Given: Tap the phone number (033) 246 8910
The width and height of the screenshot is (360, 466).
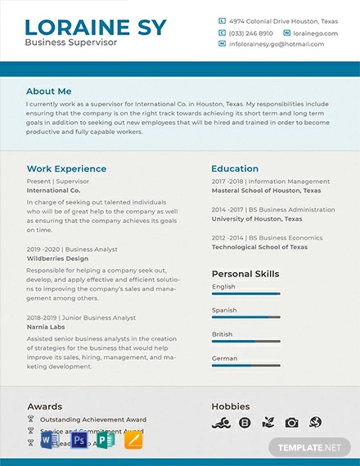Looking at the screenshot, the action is [x=250, y=34].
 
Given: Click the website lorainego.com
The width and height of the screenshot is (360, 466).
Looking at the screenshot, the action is [x=315, y=34].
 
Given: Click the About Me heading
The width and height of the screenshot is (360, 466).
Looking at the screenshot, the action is [x=48, y=92].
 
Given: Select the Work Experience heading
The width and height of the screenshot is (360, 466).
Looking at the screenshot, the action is [x=66, y=169].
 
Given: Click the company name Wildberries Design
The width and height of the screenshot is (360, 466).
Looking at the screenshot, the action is [x=57, y=258].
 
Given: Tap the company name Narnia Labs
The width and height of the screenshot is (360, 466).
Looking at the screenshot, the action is [x=45, y=327].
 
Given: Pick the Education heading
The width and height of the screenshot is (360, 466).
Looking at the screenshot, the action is [x=235, y=169].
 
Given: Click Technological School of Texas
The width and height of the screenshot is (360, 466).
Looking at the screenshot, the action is [x=259, y=247].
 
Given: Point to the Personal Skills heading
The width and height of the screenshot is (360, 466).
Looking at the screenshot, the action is [x=245, y=274].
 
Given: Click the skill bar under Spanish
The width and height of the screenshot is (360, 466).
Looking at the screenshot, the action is [x=245, y=317].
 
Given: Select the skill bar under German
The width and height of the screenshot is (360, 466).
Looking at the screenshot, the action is [x=245, y=365].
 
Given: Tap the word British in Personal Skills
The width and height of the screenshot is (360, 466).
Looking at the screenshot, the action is [x=223, y=334].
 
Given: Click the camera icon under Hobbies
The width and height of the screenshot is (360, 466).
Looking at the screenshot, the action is [x=291, y=423].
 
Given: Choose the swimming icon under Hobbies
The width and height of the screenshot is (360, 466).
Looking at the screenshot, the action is [x=219, y=423].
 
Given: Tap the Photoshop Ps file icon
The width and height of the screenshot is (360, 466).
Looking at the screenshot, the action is [x=79, y=441].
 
